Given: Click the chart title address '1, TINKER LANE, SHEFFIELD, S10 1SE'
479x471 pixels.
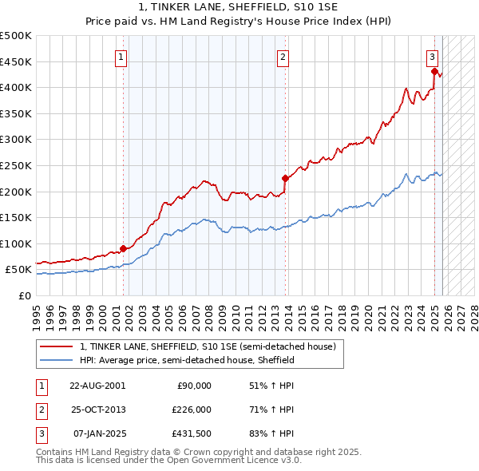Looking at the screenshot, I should [239, 8].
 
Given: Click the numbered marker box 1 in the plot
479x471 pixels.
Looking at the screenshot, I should [121, 56].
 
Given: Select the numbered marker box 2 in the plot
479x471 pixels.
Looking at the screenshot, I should [283, 56].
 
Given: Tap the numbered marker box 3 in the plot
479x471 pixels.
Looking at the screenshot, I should [432, 56].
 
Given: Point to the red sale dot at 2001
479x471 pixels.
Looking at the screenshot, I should [123, 248].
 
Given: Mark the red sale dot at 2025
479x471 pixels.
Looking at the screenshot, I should [435, 71].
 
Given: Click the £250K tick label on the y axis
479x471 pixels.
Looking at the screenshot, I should [16, 165].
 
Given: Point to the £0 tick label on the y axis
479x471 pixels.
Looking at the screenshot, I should [24, 295].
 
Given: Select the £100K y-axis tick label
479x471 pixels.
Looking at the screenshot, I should [16, 243].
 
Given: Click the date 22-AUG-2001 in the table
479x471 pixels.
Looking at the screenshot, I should [97, 385].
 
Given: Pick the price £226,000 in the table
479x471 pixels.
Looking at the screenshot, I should [192, 410].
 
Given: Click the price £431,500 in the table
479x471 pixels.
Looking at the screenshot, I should [192, 434].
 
